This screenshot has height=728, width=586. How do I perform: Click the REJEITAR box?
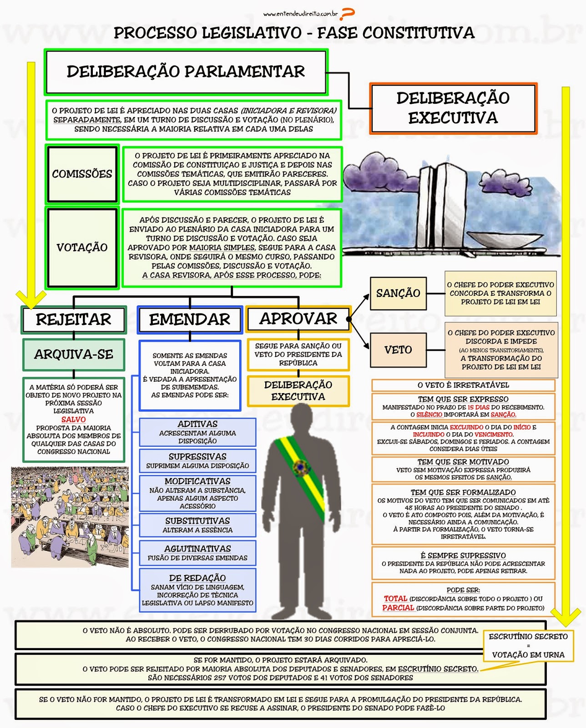(x=74, y=319)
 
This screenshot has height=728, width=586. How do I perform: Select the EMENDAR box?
(x=190, y=319)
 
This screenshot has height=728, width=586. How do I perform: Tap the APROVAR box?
(x=298, y=318)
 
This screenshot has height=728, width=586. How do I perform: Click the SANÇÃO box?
(x=398, y=293)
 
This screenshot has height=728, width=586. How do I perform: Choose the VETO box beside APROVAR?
(x=398, y=350)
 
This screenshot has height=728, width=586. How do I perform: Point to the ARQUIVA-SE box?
(x=74, y=354)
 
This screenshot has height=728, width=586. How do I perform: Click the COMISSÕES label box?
(x=82, y=174)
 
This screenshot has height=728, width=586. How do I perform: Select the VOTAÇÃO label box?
(x=82, y=248)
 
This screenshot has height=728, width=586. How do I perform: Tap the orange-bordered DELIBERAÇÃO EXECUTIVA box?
(x=453, y=108)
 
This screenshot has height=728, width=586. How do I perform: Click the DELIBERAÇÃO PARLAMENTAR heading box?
(x=186, y=71)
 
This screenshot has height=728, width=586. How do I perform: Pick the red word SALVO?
(x=74, y=420)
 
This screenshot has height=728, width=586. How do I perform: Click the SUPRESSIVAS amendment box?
(x=197, y=460)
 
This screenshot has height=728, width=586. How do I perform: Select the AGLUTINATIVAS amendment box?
(x=197, y=553)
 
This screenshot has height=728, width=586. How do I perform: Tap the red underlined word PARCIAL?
(x=398, y=608)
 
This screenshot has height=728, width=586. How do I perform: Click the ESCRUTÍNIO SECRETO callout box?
(x=528, y=645)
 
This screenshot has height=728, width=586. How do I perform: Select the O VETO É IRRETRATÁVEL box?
(x=463, y=385)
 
